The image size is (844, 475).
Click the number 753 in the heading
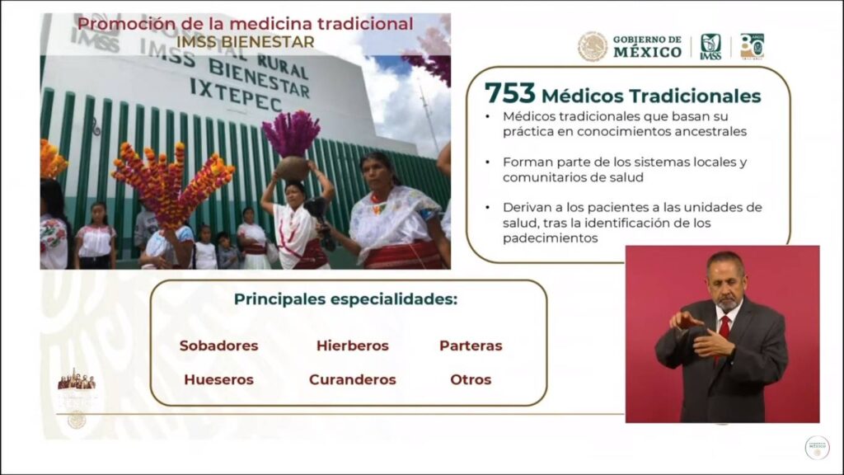click(509, 93)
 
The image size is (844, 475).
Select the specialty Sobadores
click(218, 346)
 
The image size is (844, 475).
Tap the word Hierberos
click(353, 346)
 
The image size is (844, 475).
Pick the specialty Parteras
click(471, 346)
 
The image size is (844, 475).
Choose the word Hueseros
click(218, 379)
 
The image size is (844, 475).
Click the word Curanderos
click(353, 379)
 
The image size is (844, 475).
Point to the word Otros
click(471, 379)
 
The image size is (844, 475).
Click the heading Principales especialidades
click(345, 299)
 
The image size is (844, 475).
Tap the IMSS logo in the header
click(710, 47)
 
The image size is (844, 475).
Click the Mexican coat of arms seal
click(593, 46)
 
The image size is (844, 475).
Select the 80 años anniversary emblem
click(752, 46)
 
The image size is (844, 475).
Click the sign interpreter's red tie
click(724, 335)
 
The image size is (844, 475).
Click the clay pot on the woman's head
click(293, 168)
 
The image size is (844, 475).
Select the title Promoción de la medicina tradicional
click(246, 24)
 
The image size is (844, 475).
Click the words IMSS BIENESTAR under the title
click(246, 42)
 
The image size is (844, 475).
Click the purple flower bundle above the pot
click(291, 133)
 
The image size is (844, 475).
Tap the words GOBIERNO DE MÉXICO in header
click(647, 47)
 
